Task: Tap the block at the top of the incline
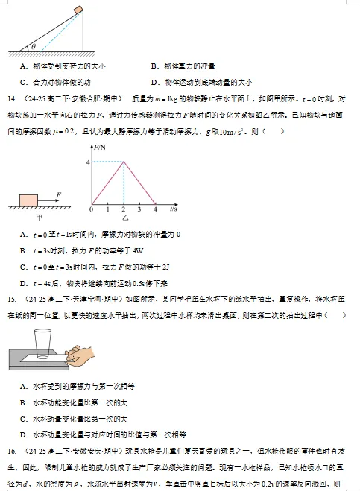coord(79,10)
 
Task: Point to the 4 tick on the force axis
coord(88,161)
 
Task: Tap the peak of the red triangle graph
coord(123,161)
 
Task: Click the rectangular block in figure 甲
coord(28,200)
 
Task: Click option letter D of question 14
coord(25,283)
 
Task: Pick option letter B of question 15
coord(25,402)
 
